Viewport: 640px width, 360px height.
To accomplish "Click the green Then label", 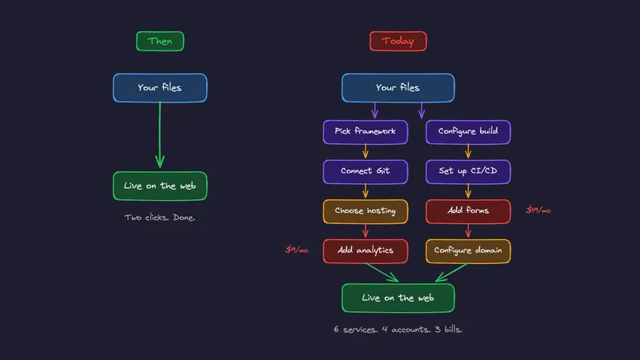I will pos(160,41).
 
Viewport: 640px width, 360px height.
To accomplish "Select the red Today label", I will pos(398,41).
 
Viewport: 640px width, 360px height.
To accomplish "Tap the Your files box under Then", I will pos(160,88).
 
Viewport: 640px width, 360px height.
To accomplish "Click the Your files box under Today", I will pos(398,88).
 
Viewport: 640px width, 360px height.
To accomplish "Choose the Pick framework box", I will pos(366,131).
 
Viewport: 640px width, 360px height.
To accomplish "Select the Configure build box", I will pos(468,131).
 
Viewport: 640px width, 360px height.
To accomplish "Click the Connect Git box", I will pos(366,171).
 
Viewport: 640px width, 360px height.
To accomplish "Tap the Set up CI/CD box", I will pos(468,171).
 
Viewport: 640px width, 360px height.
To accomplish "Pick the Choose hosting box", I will pos(366,211).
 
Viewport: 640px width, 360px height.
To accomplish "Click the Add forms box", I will pos(468,211).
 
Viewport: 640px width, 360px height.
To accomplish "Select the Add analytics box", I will pos(366,250).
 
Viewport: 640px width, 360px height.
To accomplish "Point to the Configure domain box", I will pos(468,250).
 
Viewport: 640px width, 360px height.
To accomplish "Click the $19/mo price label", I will pos(538,210).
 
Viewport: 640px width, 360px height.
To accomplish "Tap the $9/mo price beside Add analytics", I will pos(297,250).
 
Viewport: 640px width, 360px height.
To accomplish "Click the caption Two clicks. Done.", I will pos(160,218).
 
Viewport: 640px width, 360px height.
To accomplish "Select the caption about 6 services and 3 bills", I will pos(398,329).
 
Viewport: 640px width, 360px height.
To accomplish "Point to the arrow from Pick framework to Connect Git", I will pos(366,151).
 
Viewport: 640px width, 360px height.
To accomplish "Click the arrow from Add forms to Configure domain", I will pos(468,231).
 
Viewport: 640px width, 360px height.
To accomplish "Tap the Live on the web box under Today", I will pos(398,298).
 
